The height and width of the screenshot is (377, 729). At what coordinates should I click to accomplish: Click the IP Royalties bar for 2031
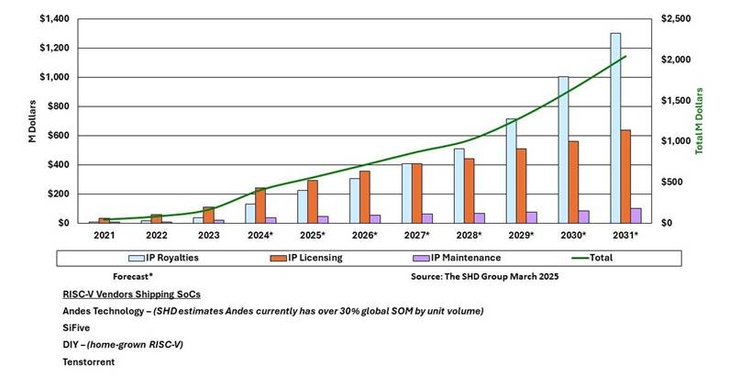[x=615, y=128]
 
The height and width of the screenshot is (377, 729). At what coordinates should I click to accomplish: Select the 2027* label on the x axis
[x=417, y=236]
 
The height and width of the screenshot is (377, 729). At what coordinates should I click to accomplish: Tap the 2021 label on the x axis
[x=104, y=236]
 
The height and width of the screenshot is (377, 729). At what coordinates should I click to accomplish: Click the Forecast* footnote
[x=133, y=275]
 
